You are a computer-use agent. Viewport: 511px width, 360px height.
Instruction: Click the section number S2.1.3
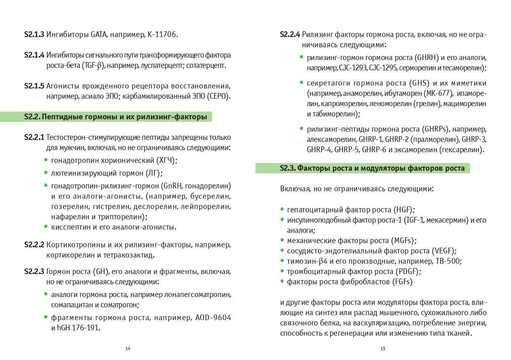click(x=34, y=35)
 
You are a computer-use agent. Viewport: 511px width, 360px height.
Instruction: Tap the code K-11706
click(x=163, y=35)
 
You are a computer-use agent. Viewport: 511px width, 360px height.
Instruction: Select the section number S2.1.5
click(x=34, y=86)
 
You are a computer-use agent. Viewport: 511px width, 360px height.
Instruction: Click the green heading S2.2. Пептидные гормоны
click(x=115, y=117)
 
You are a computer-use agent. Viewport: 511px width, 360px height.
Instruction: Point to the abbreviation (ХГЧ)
click(x=167, y=160)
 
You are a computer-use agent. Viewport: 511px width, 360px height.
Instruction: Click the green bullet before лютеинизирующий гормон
click(x=46, y=173)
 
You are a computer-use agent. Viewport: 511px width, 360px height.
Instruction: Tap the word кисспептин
click(x=68, y=227)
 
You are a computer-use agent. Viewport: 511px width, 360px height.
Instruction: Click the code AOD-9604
click(x=213, y=318)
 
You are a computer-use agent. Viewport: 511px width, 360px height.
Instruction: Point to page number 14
click(x=128, y=348)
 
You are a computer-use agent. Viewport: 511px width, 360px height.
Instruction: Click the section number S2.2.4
click(x=290, y=35)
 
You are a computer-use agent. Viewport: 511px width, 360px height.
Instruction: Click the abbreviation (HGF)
click(x=404, y=210)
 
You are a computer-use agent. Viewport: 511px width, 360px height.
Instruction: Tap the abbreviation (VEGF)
click(x=444, y=251)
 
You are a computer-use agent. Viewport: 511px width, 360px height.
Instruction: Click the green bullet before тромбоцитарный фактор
click(x=282, y=272)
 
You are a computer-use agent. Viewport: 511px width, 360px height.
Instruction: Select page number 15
click(x=383, y=348)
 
